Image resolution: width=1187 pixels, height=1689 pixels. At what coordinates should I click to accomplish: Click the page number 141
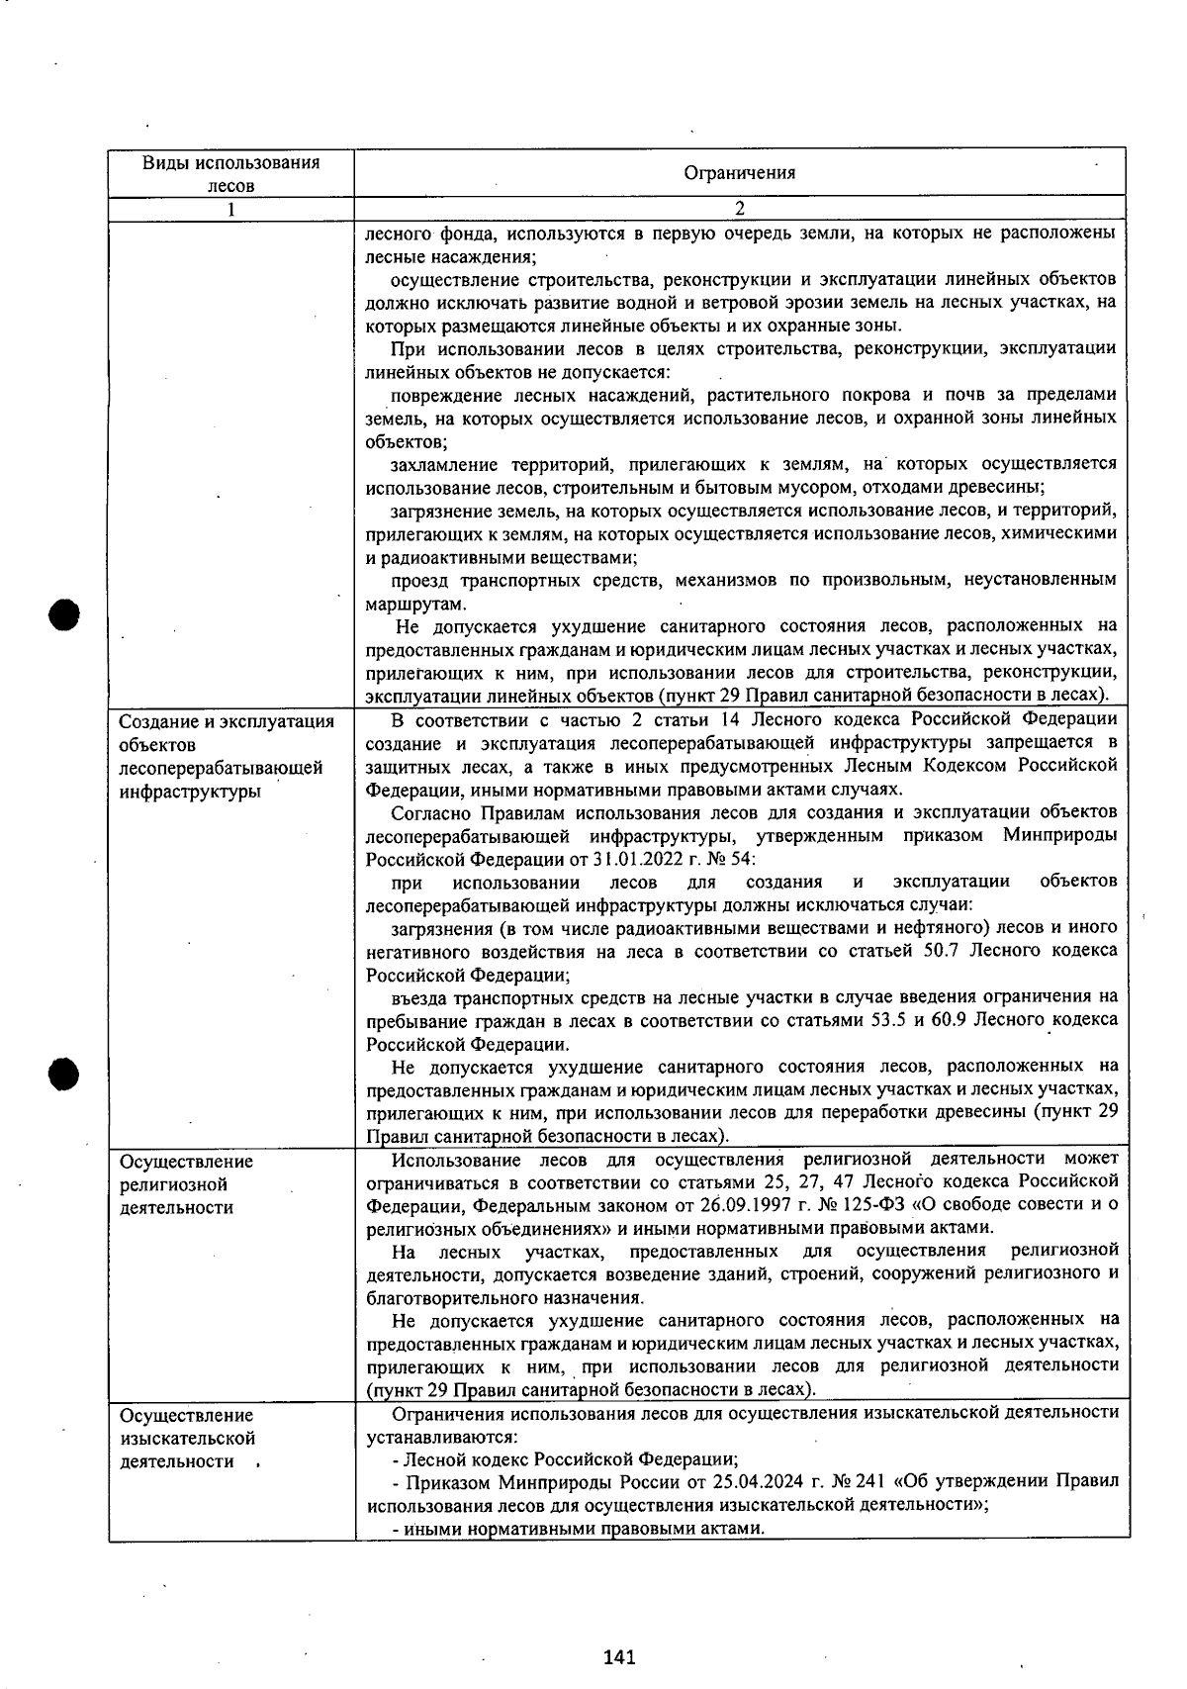coord(618,1656)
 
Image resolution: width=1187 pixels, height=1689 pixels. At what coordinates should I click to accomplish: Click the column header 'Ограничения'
coord(739,173)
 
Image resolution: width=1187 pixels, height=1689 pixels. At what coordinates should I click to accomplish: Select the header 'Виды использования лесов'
coord(230,173)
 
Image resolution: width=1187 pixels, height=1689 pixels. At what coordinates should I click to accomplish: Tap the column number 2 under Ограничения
coord(739,210)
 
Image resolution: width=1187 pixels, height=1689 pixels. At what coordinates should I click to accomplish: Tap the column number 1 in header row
coord(230,210)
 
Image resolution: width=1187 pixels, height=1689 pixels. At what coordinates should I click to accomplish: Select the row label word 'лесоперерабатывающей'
coord(221,768)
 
